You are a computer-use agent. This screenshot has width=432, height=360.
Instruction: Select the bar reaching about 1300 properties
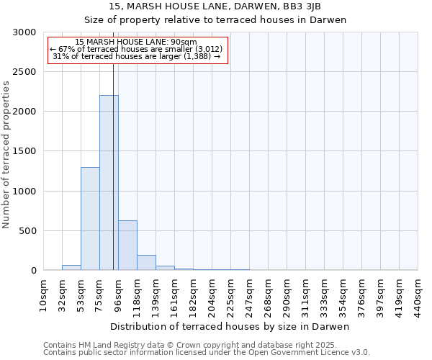(90, 219)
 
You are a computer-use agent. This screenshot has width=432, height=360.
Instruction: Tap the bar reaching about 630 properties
(127, 246)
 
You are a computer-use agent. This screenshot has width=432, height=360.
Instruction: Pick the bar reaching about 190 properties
(146, 263)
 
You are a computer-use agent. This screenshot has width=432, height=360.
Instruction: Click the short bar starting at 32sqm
(71, 268)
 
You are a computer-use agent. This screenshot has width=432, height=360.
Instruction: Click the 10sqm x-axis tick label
(43, 296)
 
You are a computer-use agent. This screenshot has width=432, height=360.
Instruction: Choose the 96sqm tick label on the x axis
(118, 296)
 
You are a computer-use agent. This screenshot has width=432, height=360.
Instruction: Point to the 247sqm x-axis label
(249, 296)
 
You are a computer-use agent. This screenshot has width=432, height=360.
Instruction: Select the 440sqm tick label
(418, 296)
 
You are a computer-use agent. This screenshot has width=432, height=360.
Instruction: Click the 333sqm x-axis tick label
(324, 296)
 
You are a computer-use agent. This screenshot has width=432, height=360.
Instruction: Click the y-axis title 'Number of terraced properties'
(6, 155)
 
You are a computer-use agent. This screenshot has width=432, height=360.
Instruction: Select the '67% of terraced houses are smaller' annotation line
(137, 49)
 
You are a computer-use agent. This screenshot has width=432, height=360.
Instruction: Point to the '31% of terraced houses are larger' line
(137, 56)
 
